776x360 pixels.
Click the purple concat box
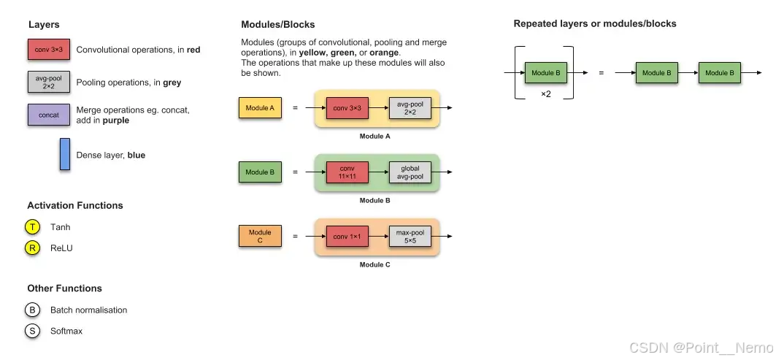coord(49,115)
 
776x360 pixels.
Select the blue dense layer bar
coord(65,154)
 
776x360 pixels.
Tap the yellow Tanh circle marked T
coord(32,227)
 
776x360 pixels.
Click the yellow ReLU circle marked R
coord(32,248)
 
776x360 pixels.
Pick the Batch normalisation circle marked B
coord(32,310)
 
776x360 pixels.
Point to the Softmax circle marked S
coord(32,331)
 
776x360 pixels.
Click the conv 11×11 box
coord(347,172)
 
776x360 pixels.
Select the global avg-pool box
coord(410,172)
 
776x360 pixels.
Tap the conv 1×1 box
coord(347,237)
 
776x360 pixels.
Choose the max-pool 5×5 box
coord(410,237)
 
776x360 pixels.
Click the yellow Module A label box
coord(260,108)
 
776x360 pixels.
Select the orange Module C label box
coord(260,237)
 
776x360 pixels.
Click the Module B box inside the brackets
coord(546,73)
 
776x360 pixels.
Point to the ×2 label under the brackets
coord(545,95)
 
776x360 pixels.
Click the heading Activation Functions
coord(75,205)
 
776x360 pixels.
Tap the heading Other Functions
coord(64,288)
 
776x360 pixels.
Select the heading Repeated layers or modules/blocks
coord(595,24)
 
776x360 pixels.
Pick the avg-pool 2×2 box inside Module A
coord(410,108)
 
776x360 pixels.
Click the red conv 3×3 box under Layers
coord(49,50)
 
